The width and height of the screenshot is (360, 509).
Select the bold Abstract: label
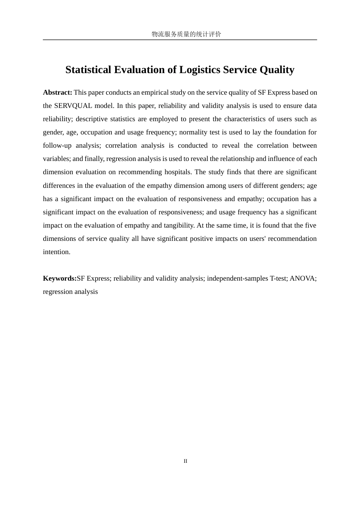tap(58, 92)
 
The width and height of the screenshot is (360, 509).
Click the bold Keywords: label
tap(59, 278)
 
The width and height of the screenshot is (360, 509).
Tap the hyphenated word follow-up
tap(57, 145)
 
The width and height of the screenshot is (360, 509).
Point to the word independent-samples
tap(237, 278)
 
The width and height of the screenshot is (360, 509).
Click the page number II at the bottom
tap(185, 461)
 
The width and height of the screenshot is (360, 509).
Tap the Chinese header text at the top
tap(186, 34)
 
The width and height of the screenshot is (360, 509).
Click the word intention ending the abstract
tap(56, 252)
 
